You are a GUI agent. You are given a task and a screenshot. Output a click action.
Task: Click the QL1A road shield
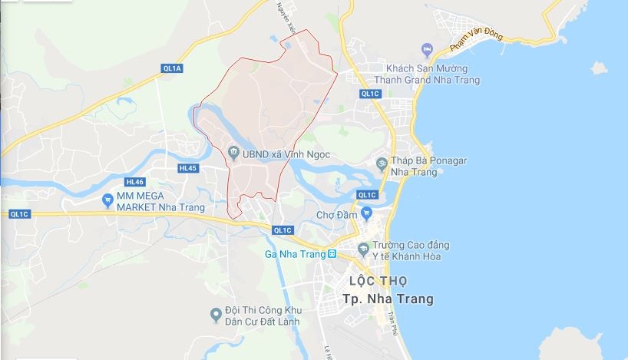click(173, 68)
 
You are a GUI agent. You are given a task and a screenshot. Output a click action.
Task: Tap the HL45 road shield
click(187, 168)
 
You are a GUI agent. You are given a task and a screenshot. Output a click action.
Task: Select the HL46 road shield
click(134, 182)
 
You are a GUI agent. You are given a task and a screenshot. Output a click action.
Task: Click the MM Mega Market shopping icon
click(108, 201)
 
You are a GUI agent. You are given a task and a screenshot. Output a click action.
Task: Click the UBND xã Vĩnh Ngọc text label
click(286, 154)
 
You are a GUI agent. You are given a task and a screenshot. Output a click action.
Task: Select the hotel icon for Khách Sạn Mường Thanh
click(427, 50)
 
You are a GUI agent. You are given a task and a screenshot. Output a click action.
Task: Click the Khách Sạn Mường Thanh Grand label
click(427, 74)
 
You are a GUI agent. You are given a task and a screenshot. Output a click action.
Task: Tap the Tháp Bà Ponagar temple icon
click(382, 162)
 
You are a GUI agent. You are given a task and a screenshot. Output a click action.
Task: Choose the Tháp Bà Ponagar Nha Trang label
click(428, 167)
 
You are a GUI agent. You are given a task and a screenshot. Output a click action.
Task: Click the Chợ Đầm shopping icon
click(367, 213)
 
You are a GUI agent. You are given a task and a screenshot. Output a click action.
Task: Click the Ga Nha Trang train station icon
click(332, 253)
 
